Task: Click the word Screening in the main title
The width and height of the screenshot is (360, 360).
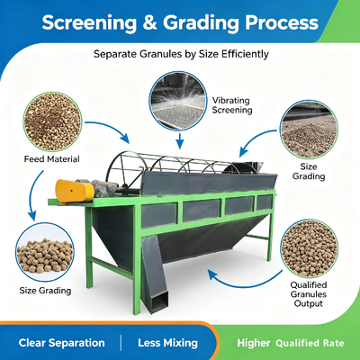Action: (89, 23)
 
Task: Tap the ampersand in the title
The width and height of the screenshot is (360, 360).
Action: (149, 22)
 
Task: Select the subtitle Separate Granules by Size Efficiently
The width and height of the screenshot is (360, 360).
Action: (181, 54)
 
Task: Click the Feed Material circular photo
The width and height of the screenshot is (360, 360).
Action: (52, 121)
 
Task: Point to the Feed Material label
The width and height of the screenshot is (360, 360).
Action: (52, 159)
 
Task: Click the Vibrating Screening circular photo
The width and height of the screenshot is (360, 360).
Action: (178, 101)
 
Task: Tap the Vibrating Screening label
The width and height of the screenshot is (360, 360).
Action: (232, 105)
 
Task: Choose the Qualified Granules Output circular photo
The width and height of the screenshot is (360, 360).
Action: (310, 248)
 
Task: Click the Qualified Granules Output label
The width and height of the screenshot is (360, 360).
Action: (309, 294)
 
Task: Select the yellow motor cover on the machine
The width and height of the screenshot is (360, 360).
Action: (74, 191)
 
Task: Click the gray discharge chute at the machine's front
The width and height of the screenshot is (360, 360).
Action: (154, 274)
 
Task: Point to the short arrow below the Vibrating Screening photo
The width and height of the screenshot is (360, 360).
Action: (179, 141)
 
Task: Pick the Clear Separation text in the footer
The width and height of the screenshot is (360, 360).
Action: (61, 343)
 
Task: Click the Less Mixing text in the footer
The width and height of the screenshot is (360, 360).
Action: (167, 343)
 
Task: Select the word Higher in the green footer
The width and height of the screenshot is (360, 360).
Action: (254, 343)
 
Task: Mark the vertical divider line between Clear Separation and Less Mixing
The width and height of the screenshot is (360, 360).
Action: (121, 343)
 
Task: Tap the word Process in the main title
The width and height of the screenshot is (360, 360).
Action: (282, 23)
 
